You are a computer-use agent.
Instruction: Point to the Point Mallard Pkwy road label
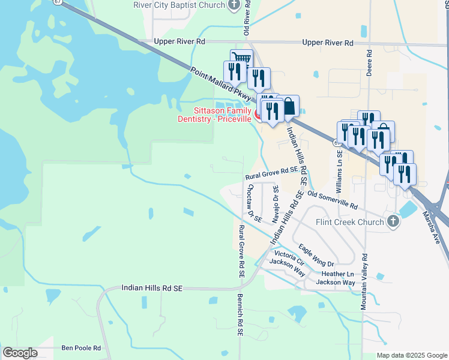(x=221, y=82)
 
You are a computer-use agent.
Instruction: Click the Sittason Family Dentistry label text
(x=223, y=115)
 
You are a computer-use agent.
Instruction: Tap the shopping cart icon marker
(x=241, y=59)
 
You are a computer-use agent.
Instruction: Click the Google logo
(x=20, y=353)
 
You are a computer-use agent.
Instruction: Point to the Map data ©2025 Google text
(x=411, y=355)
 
